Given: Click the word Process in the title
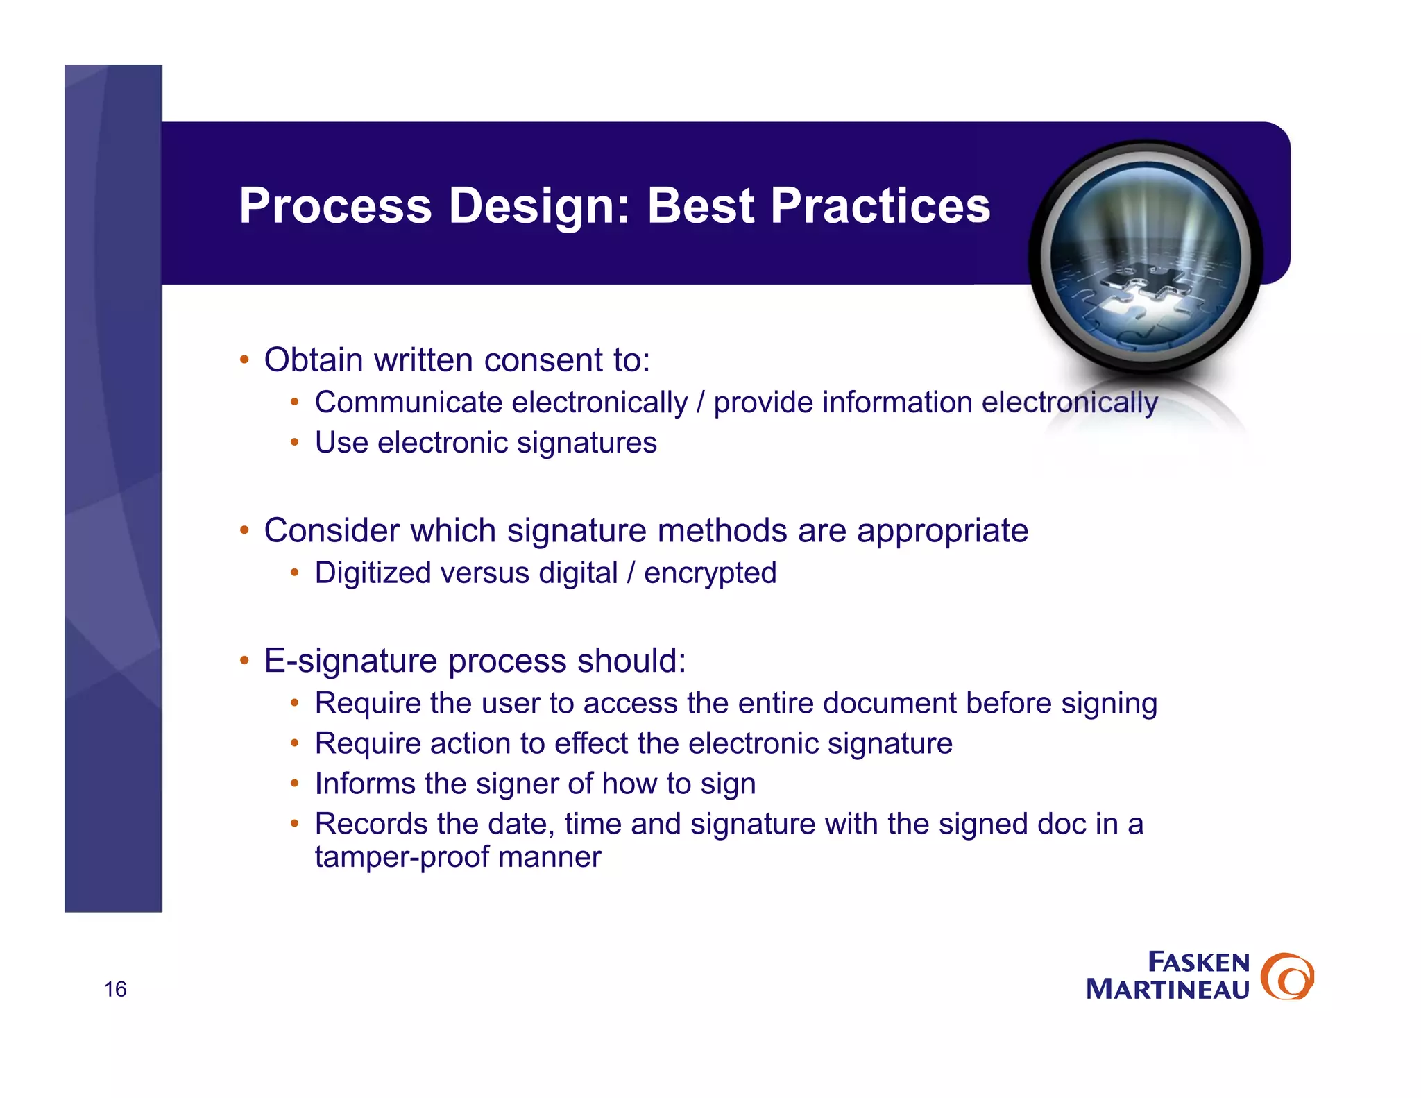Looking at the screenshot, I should (335, 206).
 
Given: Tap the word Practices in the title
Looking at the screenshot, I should (880, 206).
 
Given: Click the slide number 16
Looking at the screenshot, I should (115, 989).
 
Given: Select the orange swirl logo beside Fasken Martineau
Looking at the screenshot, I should (1287, 977).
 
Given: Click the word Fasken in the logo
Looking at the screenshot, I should (1198, 963).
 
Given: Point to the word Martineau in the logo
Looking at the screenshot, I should (1168, 990).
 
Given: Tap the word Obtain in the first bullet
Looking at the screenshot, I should (313, 360).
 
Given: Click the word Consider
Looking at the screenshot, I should (331, 531).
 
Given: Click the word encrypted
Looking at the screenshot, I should (710, 573).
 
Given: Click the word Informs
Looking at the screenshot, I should (365, 784).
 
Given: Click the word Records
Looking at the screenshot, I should (371, 824).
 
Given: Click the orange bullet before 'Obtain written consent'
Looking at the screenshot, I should (244, 360).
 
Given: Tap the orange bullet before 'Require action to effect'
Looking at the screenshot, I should (294, 743).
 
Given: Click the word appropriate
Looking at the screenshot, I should (942, 531).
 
